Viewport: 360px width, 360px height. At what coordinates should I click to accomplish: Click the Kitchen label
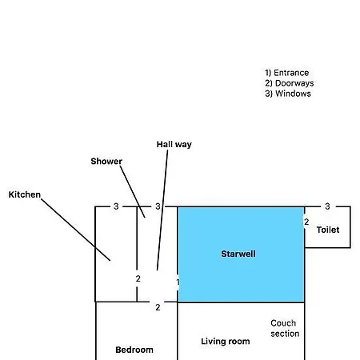pos(25,194)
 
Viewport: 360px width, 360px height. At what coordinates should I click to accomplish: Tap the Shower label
pos(106,162)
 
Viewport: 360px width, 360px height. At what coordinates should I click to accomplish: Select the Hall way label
pos(174,145)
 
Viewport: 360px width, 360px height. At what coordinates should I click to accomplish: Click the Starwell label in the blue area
pos(238,254)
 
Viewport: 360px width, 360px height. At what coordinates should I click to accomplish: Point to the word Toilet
pos(328,230)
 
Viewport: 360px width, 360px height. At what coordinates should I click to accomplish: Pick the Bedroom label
pos(134,350)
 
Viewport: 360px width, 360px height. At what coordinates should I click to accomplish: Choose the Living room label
pos(226,342)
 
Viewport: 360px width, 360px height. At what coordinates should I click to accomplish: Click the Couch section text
pos(285,328)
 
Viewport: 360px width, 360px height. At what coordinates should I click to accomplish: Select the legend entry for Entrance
pos(287,73)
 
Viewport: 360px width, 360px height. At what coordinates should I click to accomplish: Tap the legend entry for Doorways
pos(290,83)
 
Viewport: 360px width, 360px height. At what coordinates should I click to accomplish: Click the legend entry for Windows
pos(288,94)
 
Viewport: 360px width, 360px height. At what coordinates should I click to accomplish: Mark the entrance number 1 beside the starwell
pos(178,282)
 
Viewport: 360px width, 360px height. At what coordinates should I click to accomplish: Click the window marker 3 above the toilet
pos(327,206)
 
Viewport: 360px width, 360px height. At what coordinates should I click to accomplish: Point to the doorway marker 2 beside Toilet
pos(306,222)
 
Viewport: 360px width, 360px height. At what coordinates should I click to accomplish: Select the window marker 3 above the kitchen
pos(116,206)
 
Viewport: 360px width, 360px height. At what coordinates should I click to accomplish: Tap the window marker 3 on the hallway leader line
pos(158,206)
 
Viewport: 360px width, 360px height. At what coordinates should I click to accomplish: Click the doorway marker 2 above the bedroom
pos(158,307)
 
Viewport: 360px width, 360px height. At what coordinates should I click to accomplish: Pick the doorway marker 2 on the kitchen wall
pos(138,278)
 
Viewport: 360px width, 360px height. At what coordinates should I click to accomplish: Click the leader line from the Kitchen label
pos(76,230)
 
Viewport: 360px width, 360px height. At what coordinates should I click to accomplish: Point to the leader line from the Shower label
pos(133,192)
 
